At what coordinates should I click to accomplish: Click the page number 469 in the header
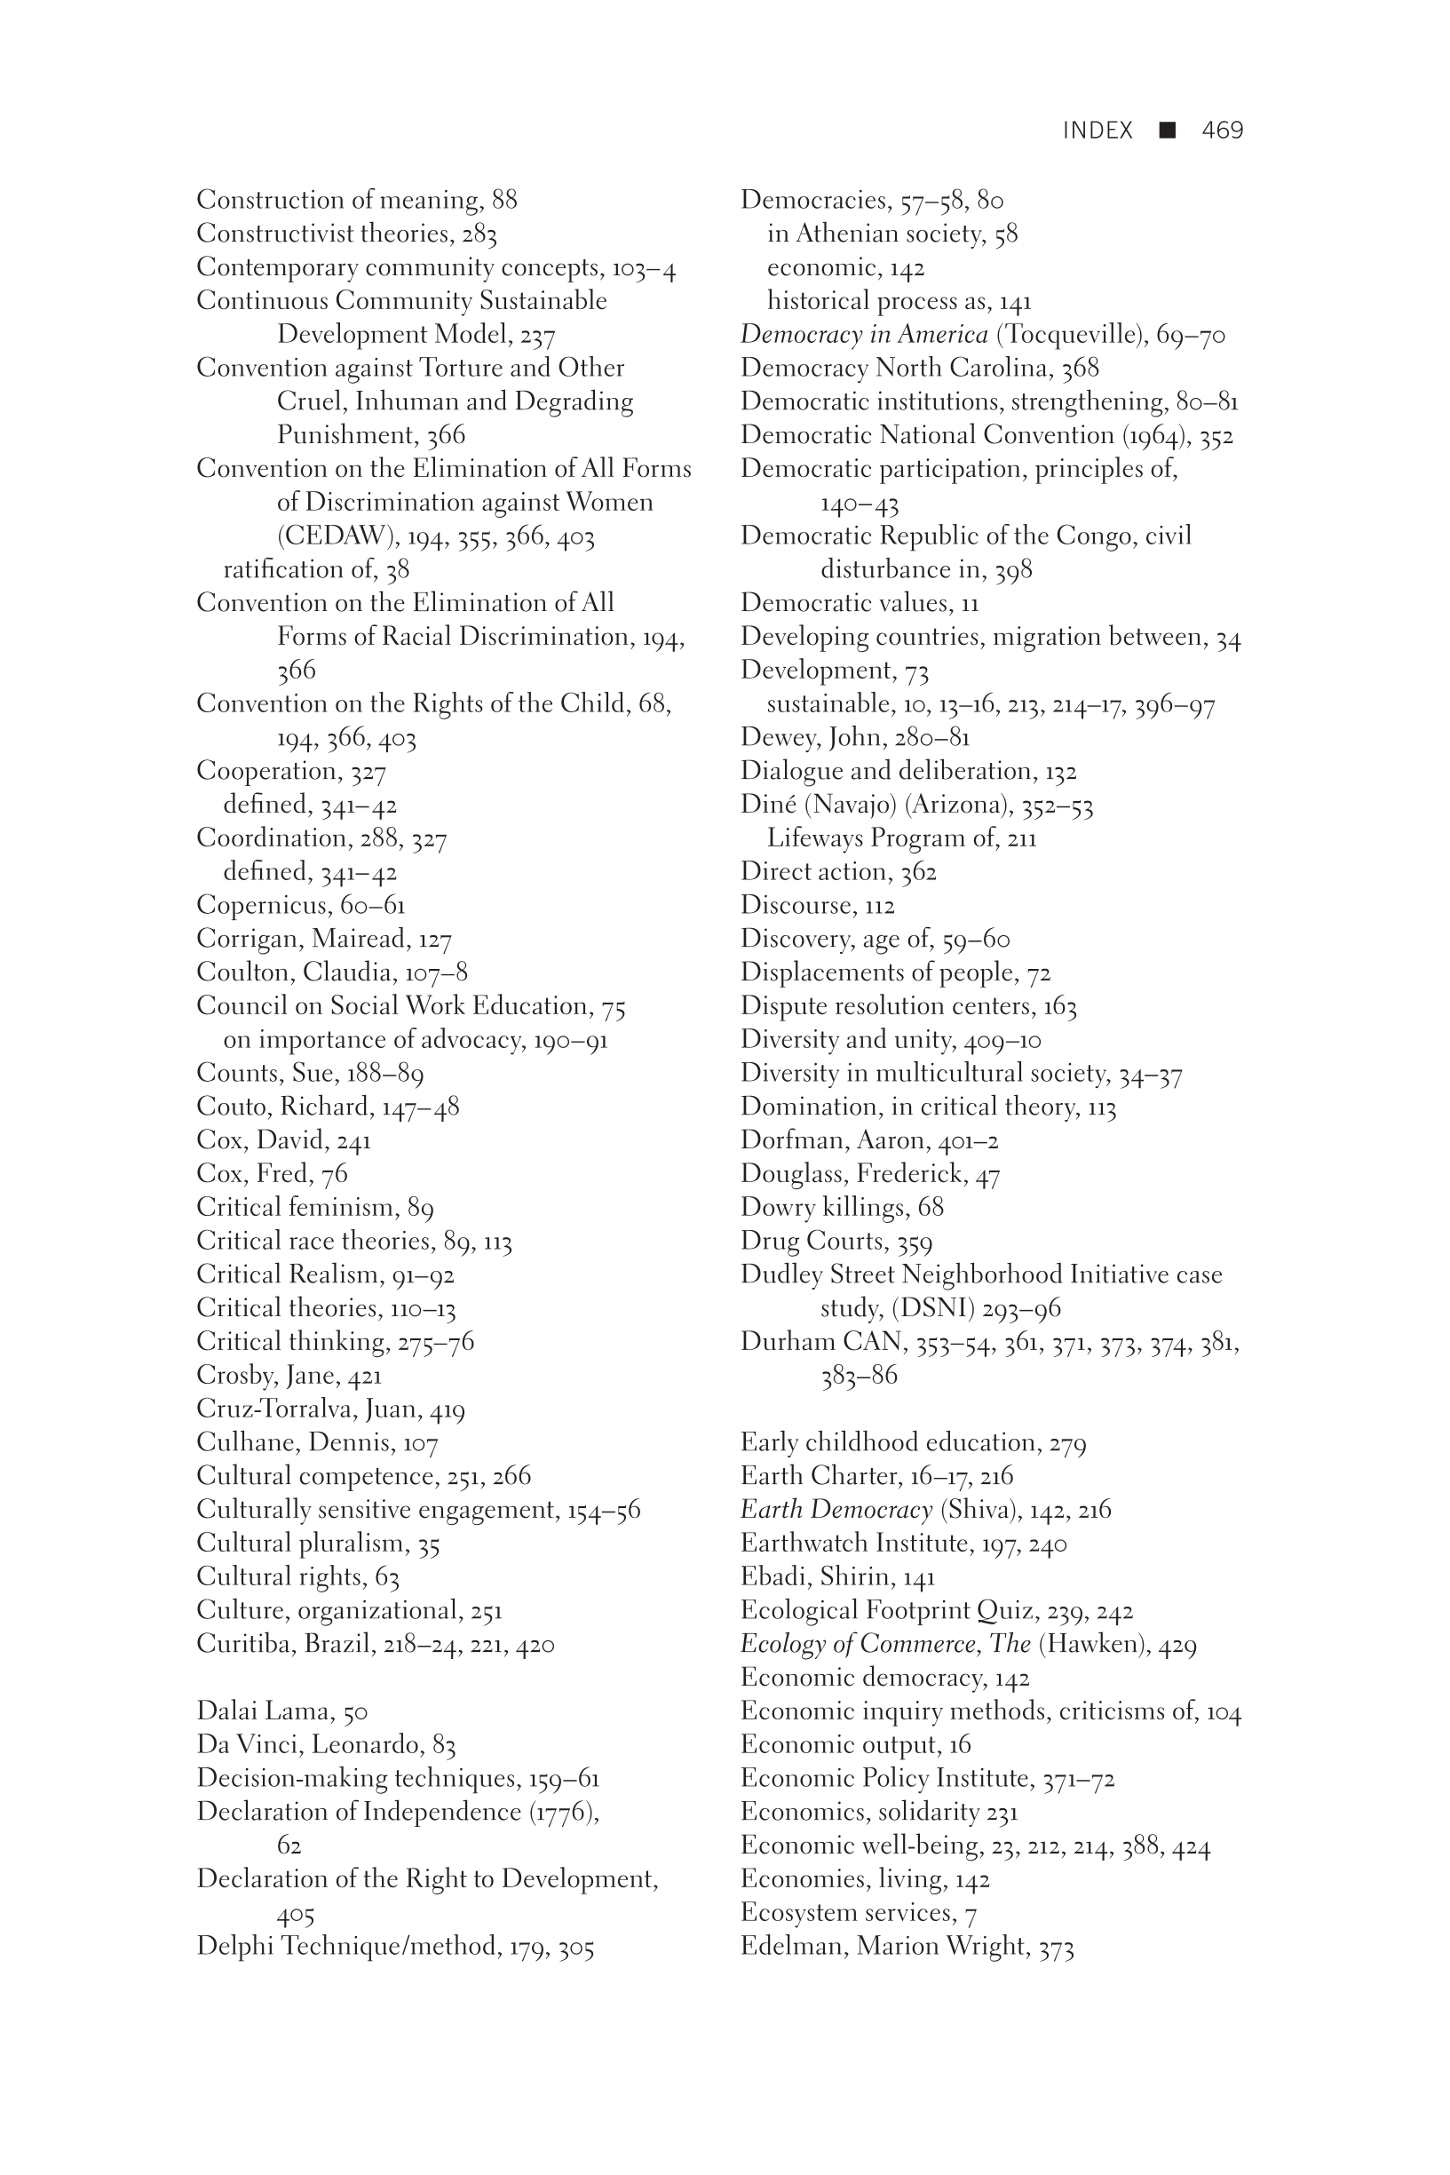tap(1222, 131)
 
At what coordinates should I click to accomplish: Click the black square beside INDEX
tap(1167, 131)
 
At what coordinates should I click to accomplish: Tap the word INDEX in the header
tap(1097, 131)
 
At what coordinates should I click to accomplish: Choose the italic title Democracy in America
tap(864, 335)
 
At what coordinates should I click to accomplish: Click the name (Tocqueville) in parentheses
tap(1071, 335)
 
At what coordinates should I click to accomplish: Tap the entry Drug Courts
tap(812, 1241)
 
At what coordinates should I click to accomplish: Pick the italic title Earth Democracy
tap(836, 1510)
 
